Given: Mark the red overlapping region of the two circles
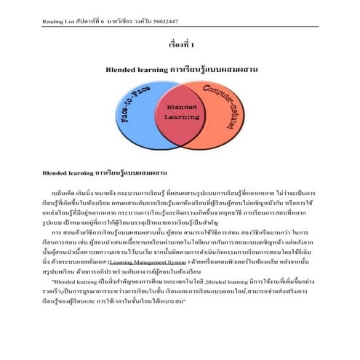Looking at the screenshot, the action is (x=180, y=127).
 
